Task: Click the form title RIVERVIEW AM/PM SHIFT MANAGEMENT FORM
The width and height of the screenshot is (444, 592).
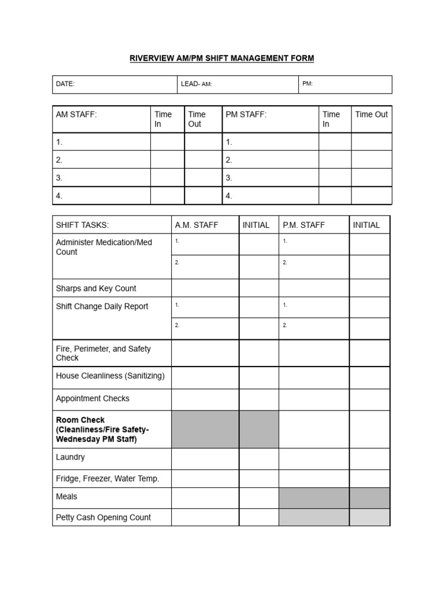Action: pos(221,58)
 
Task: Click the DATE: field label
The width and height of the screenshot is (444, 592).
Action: pos(65,84)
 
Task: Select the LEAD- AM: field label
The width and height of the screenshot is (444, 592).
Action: pos(197,84)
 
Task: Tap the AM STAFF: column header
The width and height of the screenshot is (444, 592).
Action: pos(76,114)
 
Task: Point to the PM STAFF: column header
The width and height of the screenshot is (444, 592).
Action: pos(246,114)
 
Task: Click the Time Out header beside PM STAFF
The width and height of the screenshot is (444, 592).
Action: pos(371,114)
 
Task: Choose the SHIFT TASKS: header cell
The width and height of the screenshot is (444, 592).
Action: pos(82,225)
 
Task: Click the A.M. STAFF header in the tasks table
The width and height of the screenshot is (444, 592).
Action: pos(197,225)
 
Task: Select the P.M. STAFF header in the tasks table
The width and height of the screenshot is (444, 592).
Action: pos(304,225)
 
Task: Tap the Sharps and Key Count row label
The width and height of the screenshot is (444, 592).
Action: pos(96,288)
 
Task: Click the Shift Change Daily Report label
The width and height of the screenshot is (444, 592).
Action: pos(102,306)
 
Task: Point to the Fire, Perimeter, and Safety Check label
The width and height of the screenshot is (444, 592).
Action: pos(103,353)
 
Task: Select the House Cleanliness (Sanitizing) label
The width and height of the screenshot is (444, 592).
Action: pos(110,376)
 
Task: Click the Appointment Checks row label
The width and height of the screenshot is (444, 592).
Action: pos(92,398)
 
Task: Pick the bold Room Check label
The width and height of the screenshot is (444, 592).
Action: pos(102,430)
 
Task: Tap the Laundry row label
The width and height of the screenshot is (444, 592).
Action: pos(71,457)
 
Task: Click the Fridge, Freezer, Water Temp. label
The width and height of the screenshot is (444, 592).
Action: pos(108,479)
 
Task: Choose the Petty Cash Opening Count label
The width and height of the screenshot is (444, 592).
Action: pos(103,517)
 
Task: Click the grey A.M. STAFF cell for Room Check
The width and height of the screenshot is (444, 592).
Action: pos(205,430)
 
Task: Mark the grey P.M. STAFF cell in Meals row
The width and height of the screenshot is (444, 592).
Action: pos(314,498)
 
